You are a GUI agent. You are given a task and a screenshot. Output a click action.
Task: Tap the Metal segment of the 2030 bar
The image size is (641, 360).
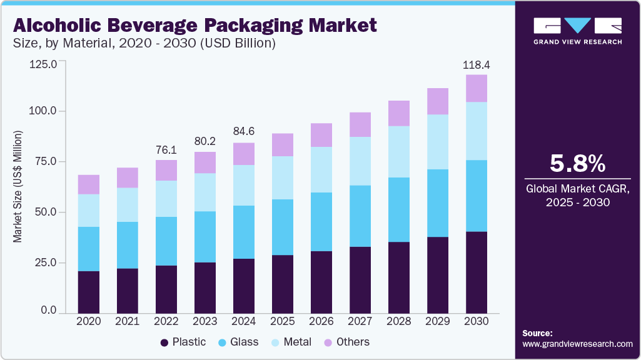(477, 131)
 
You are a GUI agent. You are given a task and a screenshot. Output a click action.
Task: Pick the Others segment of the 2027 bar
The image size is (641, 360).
(360, 125)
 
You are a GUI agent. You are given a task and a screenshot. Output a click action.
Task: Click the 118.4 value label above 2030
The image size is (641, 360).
(477, 64)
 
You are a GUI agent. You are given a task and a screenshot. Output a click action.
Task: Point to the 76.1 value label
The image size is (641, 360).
(166, 150)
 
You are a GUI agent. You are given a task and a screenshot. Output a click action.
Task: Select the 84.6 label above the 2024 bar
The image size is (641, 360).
(244, 132)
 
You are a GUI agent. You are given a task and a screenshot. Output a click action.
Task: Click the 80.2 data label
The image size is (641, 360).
(205, 141)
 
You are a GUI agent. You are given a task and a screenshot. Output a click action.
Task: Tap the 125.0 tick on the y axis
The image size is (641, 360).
(43, 64)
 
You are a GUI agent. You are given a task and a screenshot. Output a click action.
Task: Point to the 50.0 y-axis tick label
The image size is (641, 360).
(44, 212)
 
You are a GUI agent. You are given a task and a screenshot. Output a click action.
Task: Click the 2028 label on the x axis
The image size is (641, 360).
(399, 321)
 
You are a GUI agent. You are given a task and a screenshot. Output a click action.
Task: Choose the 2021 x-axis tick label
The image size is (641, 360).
(128, 321)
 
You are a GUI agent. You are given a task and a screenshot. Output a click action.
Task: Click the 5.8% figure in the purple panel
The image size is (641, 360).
(577, 163)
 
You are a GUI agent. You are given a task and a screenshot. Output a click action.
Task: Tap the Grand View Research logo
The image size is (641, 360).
(577, 31)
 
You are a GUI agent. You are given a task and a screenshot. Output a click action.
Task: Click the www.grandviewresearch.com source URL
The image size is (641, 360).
(577, 344)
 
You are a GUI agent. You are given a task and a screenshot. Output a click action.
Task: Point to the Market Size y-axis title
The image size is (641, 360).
(18, 187)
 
